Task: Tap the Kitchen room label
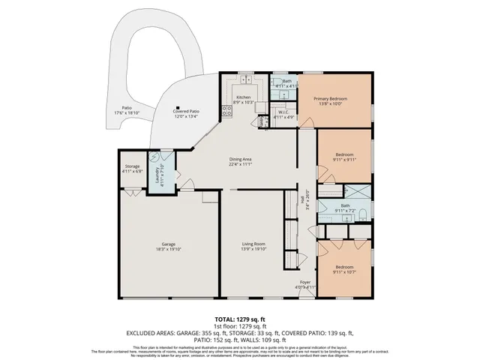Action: [244, 97]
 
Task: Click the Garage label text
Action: [168, 244]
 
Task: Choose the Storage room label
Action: [132, 166]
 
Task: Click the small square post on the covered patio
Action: [177, 106]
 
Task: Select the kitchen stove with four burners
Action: [225, 113]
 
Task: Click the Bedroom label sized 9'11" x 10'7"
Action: [344, 267]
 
